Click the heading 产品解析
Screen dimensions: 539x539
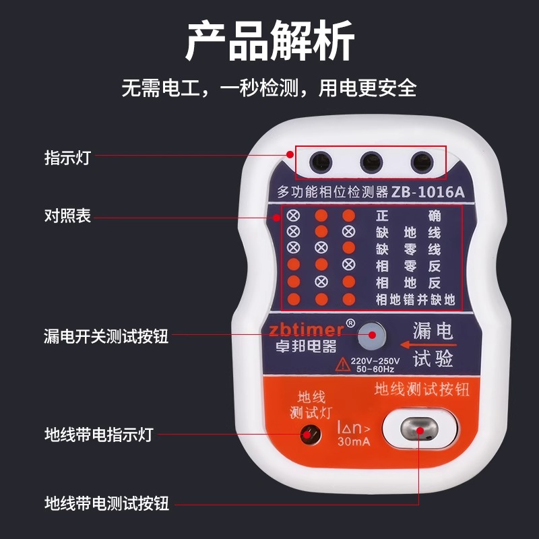[269, 42]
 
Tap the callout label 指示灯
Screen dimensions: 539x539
[67, 158]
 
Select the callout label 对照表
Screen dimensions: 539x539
[67, 216]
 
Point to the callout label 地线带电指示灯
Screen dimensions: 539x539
[98, 434]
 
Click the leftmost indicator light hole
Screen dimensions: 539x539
[319, 162]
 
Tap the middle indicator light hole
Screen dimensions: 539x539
[371, 162]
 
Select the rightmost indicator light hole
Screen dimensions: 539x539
[422, 162]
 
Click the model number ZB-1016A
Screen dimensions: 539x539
[428, 192]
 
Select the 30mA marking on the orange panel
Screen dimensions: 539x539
[354, 443]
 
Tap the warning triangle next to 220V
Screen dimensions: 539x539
[342, 363]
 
